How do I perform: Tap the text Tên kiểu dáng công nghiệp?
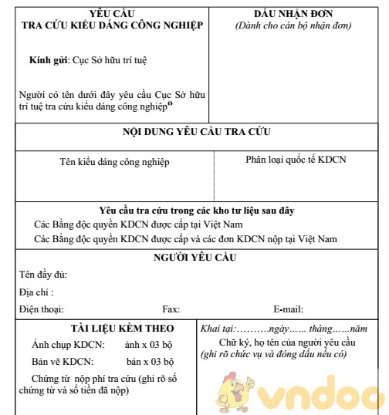(114, 162)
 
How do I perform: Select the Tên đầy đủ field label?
(43, 275)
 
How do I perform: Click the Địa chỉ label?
(36, 292)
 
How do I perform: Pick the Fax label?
(171, 309)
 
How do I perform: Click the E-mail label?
(289, 309)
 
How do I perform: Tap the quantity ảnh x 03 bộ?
(150, 345)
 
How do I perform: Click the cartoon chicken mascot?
(242, 390)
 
